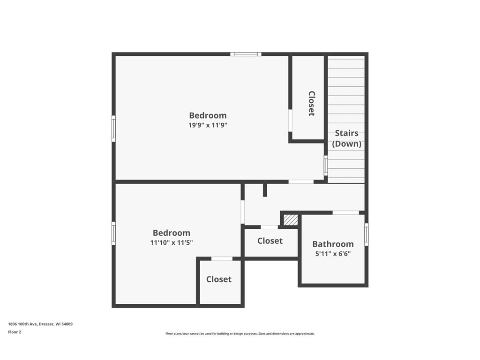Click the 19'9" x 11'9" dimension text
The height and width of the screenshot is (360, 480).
208,125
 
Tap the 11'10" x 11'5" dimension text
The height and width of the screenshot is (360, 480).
172,242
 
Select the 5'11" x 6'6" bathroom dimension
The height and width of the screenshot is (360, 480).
332,254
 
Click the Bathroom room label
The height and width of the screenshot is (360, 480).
333,244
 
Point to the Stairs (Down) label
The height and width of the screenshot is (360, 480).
346,139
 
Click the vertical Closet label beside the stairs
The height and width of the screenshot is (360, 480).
311,103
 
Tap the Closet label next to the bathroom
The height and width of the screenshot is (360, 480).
270,241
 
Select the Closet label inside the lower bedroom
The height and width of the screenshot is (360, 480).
219,279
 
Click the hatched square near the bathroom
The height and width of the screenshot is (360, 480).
291,219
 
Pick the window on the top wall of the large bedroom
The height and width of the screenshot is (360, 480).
246,54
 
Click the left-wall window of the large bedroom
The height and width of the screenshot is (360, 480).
113,128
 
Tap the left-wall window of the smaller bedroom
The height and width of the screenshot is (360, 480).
113,233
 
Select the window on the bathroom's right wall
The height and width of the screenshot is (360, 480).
366,234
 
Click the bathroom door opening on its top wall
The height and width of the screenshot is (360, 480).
345,213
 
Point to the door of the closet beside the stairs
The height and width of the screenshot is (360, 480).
290,120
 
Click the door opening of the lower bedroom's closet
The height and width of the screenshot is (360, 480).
222,258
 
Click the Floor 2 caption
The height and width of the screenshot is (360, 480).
15,332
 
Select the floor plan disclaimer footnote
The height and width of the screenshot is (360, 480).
240,334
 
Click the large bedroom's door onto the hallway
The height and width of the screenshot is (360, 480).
301,182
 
